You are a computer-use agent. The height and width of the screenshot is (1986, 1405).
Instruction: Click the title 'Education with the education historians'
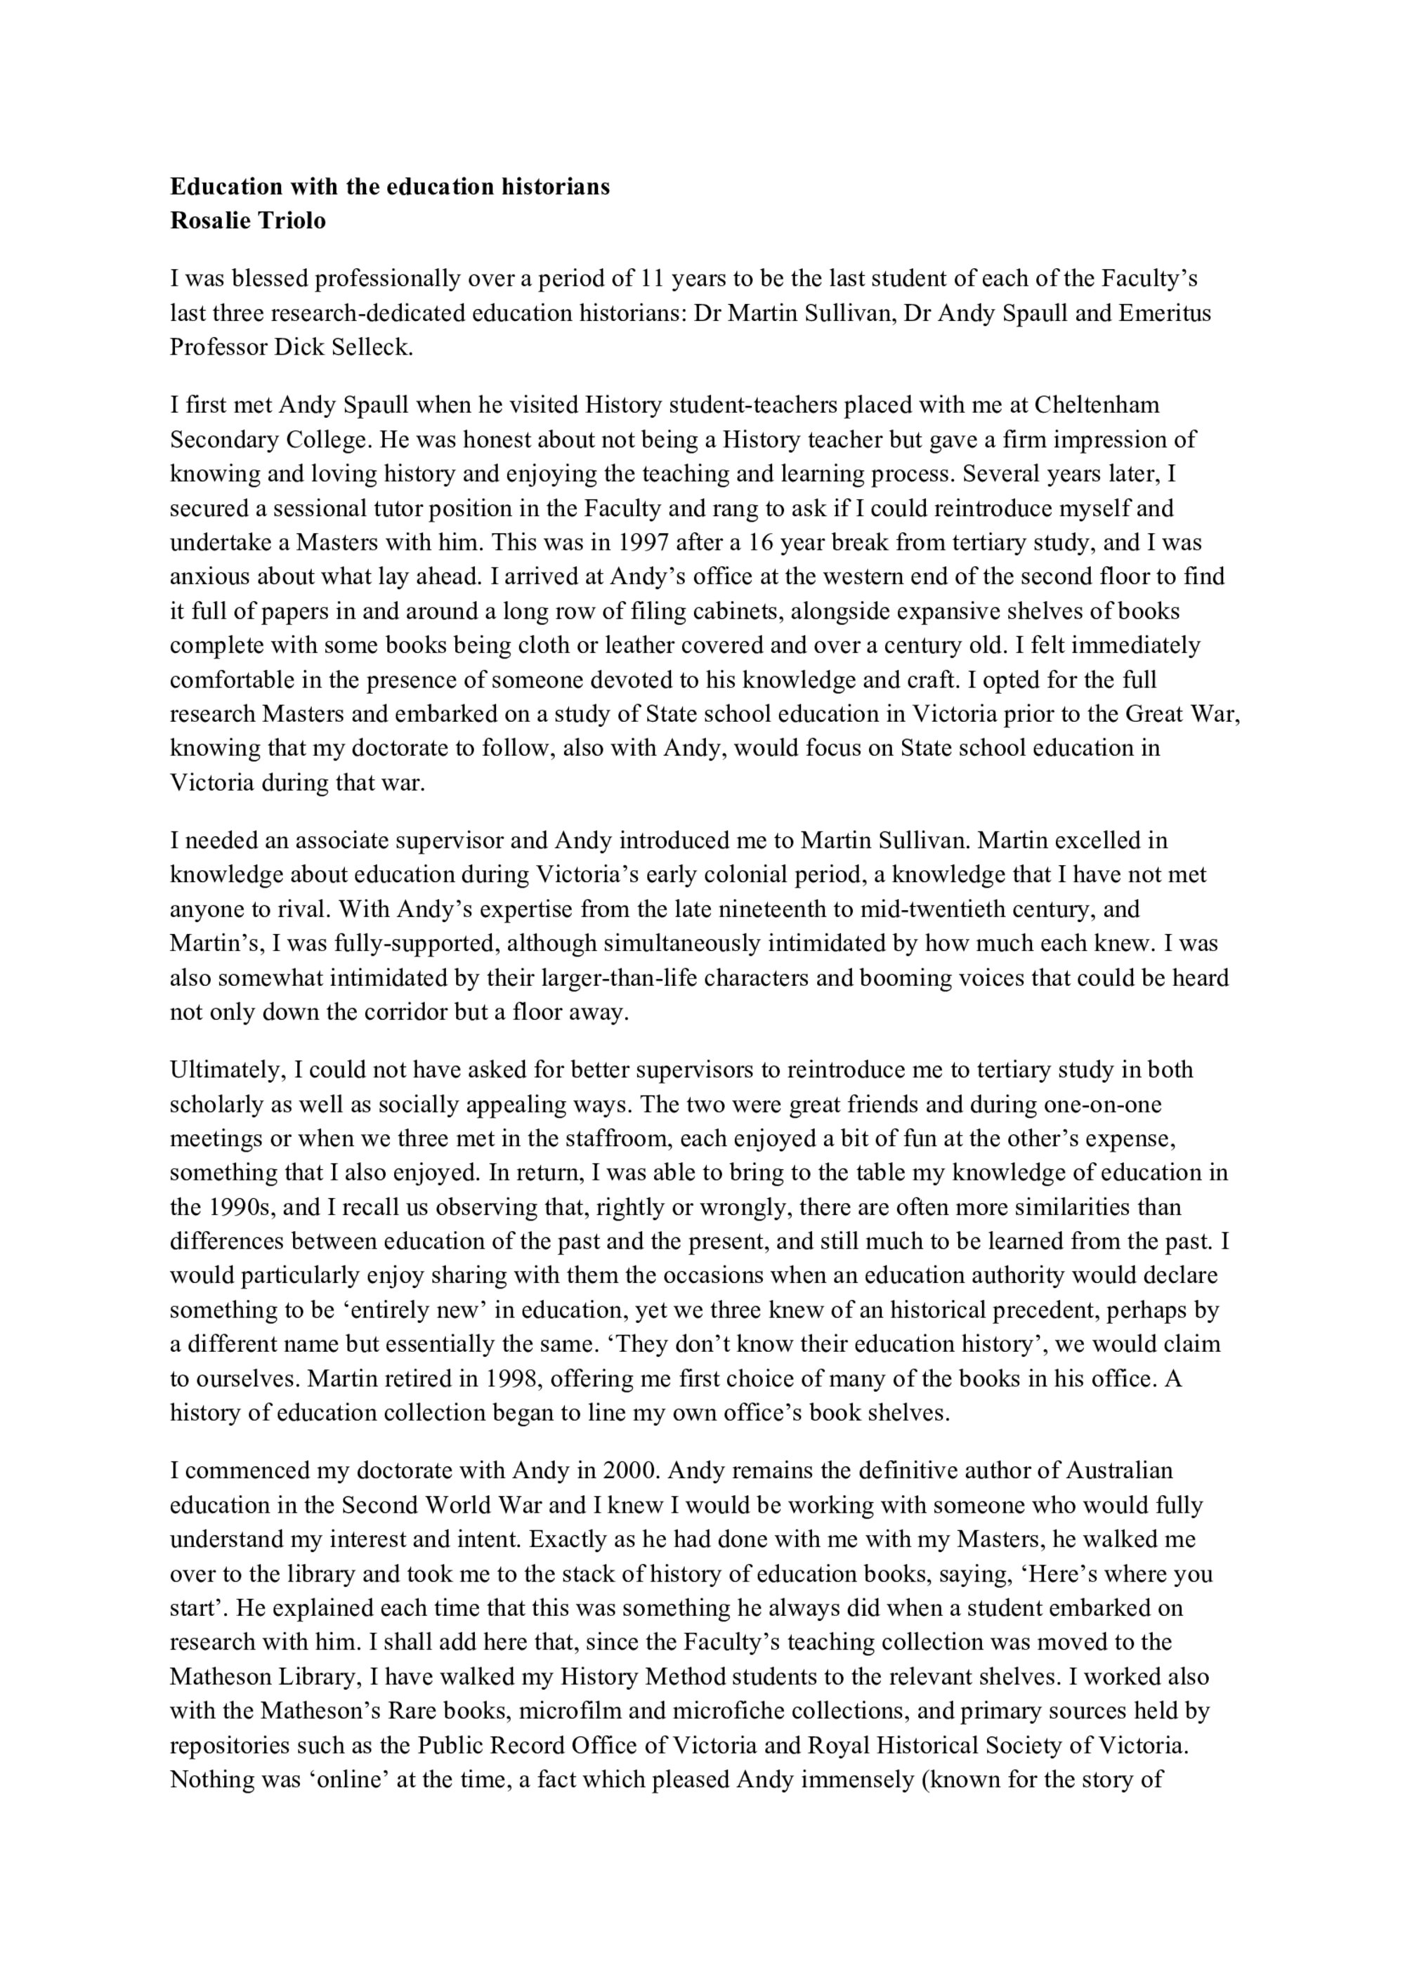pyautogui.click(x=389, y=187)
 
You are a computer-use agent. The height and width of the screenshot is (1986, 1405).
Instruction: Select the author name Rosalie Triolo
pyautogui.click(x=248, y=221)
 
